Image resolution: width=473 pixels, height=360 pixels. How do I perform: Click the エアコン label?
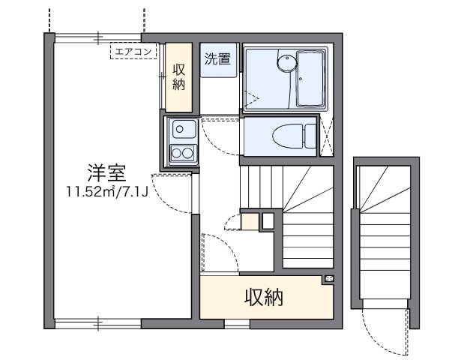133,51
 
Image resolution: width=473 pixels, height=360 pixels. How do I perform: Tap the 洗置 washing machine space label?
218,60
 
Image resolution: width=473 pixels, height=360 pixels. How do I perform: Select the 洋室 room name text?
104,173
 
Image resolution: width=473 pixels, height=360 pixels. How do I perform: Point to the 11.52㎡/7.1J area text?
104,191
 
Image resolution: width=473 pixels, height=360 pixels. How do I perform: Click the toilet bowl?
286,136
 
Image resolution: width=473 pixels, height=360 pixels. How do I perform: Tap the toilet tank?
309,136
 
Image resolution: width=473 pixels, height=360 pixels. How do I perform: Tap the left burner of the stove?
177,154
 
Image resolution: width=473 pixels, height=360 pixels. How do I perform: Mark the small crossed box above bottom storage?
328,280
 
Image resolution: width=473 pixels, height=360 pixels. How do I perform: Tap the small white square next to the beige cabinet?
267,221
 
